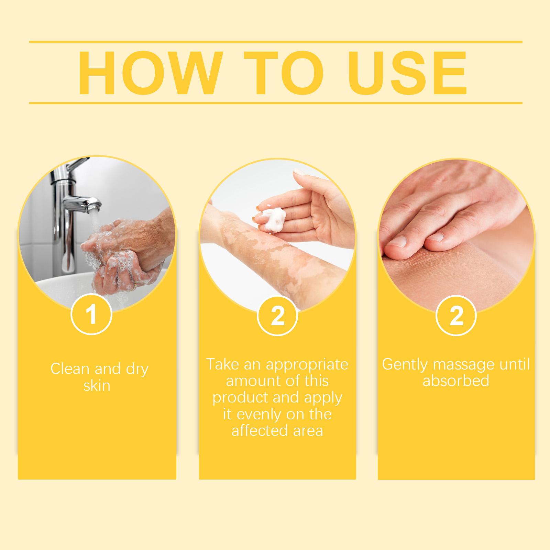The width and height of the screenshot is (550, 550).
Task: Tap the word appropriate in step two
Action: click(307, 364)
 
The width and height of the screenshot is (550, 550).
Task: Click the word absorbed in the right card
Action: click(456, 381)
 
